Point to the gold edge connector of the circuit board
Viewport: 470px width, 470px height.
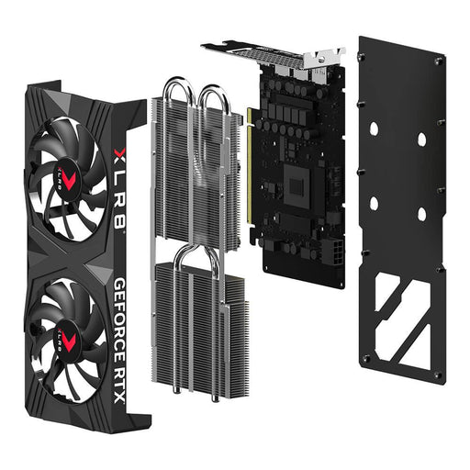tap(250, 174)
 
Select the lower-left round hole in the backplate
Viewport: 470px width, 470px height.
tap(375, 202)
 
